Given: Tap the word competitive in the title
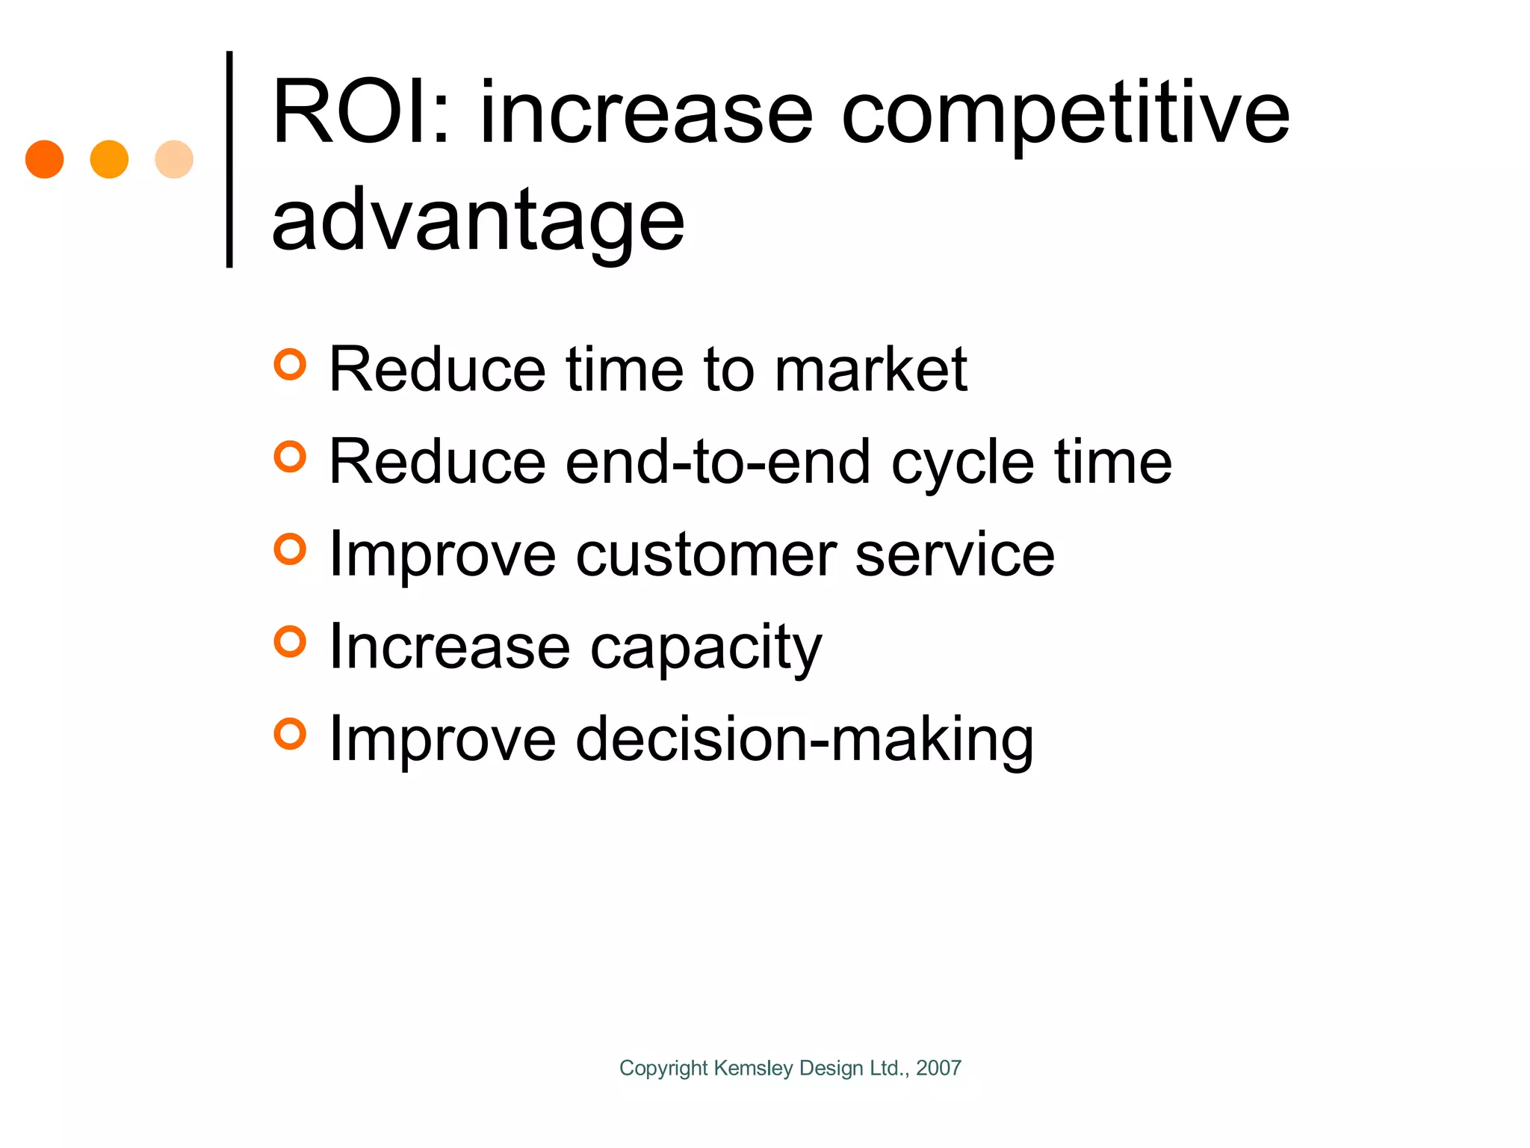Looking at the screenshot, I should point(1065,116).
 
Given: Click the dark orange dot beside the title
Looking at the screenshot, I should point(45,159).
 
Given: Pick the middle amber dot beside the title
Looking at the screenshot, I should point(109,159).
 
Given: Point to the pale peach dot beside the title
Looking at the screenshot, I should point(174,159).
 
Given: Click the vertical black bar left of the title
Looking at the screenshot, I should point(229,159).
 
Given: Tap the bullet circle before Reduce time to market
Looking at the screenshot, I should point(290,365).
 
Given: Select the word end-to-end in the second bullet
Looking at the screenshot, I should point(718,462).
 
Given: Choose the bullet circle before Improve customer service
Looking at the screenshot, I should point(290,549).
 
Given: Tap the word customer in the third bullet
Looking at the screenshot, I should point(706,555).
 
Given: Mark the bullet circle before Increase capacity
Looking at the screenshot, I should point(290,641).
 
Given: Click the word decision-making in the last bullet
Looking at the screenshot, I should point(805,740).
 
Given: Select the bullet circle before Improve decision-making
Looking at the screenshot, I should point(290,734).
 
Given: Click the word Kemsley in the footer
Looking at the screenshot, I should point(753,1069).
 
